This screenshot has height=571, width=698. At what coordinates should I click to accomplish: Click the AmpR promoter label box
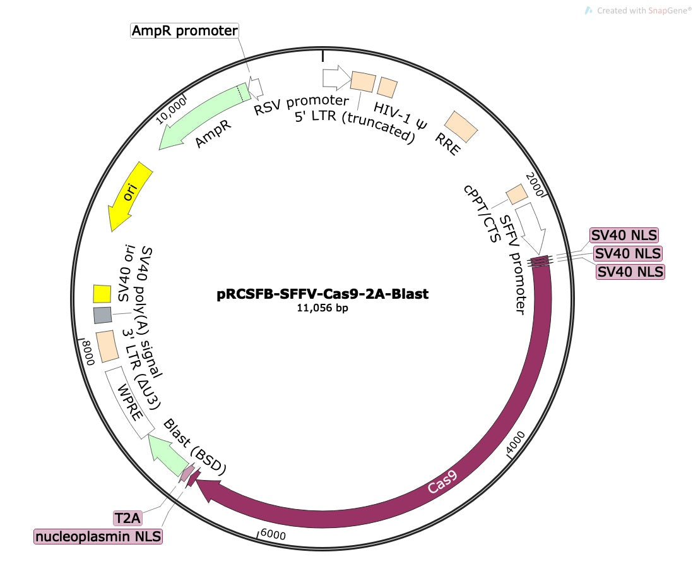tap(184, 30)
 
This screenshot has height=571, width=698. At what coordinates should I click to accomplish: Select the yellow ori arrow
tap(131, 196)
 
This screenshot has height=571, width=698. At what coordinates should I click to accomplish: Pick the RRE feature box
tap(461, 127)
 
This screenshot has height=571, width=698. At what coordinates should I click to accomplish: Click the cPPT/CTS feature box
tap(517, 194)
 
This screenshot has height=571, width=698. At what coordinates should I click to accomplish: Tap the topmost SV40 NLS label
tap(624, 236)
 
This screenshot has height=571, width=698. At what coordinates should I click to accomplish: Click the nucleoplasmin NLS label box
tap(98, 537)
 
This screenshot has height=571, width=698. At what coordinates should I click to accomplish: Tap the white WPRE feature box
tap(129, 402)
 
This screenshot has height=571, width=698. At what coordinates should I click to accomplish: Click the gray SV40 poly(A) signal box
tap(102, 315)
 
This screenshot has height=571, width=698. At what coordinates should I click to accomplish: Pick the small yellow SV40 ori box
tap(102, 294)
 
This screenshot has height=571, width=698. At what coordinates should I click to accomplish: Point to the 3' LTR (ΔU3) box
tap(107, 346)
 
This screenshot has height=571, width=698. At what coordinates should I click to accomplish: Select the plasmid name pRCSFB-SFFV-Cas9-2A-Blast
tap(322, 294)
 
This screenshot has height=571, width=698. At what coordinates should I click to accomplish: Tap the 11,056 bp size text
tap(322, 309)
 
